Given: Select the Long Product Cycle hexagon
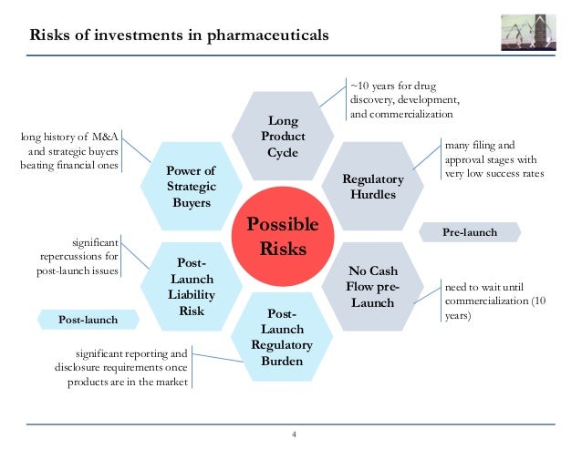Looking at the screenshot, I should tap(283, 136).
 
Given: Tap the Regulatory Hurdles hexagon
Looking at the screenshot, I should tap(372, 186).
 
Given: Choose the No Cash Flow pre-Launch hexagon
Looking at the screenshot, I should tap(372, 286).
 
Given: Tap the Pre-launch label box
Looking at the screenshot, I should tap(470, 232).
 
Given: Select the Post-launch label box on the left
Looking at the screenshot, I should tap(88, 320).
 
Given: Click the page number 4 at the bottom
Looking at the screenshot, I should tap(293, 433).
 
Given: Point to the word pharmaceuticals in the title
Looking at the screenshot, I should tap(267, 37).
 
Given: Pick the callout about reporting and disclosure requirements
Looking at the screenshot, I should tap(120, 367).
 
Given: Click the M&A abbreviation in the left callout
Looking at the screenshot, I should tap(102, 138).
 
